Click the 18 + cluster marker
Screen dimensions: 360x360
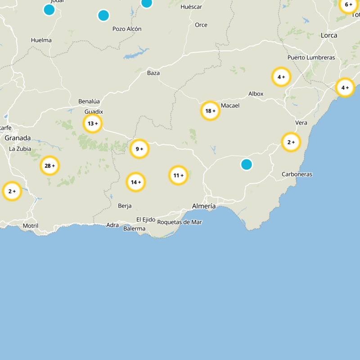[x=210, y=111]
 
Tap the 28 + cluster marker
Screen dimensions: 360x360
[x=49, y=166]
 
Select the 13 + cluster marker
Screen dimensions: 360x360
[x=93, y=123]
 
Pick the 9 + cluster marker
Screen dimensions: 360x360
[x=139, y=148]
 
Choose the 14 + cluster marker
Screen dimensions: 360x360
[x=135, y=182]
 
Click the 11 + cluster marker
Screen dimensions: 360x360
[x=178, y=175]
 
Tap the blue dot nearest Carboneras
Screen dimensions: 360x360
[x=246, y=164]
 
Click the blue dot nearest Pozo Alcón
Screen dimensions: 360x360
[x=103, y=15]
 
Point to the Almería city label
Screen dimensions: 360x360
[x=203, y=206]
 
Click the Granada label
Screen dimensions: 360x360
[x=18, y=138]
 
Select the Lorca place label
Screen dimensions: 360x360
[x=329, y=35]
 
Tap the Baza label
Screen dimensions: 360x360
[x=153, y=73]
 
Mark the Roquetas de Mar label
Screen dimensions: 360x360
[x=180, y=222]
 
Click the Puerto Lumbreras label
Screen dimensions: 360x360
[x=311, y=58]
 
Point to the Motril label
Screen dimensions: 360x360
[x=30, y=225]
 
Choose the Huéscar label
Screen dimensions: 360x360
[x=191, y=7]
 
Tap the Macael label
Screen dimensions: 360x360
[x=230, y=105]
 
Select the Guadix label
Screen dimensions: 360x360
[x=94, y=112]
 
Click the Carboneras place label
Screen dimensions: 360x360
[x=297, y=174]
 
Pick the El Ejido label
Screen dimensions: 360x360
[x=146, y=220]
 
